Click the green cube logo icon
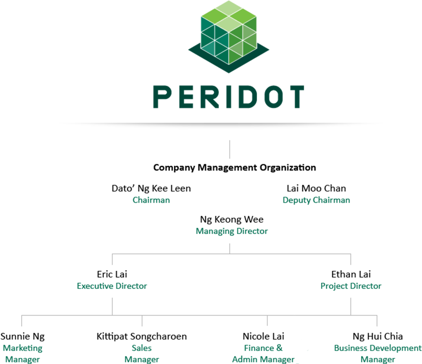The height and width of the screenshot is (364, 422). click(x=229, y=37)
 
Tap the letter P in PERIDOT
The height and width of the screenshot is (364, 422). click(x=162, y=97)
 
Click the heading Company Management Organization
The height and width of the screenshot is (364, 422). click(x=234, y=167)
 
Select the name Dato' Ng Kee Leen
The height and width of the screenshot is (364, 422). click(x=151, y=189)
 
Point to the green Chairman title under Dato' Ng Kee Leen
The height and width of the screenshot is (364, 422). click(x=151, y=200)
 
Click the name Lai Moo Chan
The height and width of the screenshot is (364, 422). click(x=316, y=189)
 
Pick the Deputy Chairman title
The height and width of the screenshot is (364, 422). click(x=316, y=200)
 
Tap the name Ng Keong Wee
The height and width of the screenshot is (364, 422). click(x=232, y=220)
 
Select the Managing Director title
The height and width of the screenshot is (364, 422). click(x=232, y=231)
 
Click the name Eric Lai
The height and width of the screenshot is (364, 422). click(x=112, y=274)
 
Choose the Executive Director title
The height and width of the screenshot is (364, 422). click(x=112, y=286)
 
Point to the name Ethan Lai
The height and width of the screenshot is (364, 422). click(x=351, y=274)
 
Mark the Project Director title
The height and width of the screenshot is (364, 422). click(x=351, y=286)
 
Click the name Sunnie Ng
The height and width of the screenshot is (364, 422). click(x=23, y=336)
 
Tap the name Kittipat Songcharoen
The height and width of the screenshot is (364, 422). click(x=142, y=336)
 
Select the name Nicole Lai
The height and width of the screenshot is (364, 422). click(x=263, y=336)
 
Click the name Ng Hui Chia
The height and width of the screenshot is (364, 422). click(x=378, y=336)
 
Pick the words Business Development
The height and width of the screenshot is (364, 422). click(x=378, y=348)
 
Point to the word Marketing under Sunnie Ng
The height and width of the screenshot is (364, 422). click(x=23, y=348)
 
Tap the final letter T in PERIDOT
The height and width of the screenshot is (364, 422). click(x=295, y=97)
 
